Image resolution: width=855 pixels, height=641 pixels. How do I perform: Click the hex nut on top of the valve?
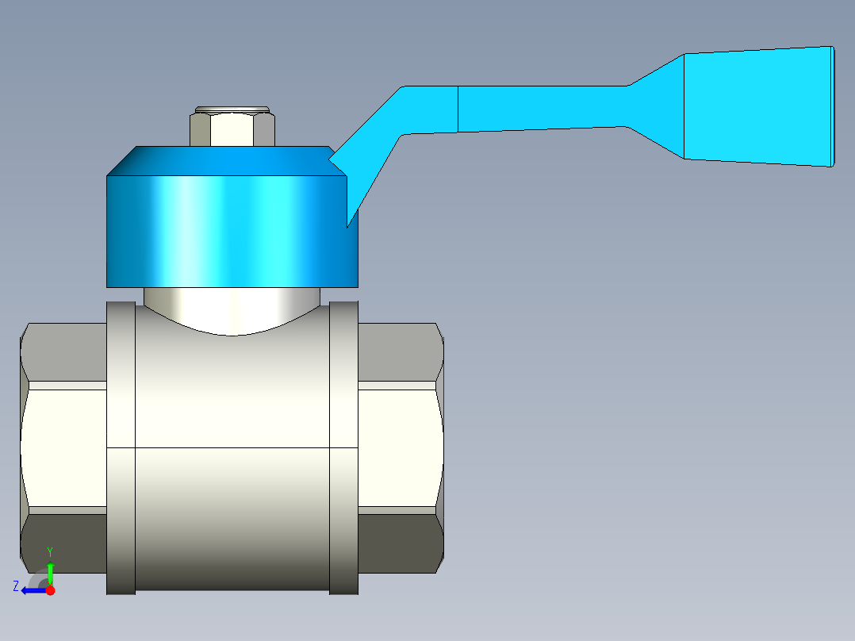[232, 129]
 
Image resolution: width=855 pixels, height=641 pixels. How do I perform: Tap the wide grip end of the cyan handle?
[758, 106]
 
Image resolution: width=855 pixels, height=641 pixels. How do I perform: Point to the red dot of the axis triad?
[50, 590]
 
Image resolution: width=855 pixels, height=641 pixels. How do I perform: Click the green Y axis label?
[50, 551]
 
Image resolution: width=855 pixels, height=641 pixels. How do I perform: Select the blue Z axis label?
[16, 586]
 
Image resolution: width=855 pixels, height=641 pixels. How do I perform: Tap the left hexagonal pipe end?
[63, 448]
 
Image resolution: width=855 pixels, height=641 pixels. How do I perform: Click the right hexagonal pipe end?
[401, 448]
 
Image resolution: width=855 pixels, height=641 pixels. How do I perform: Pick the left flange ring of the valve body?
[121, 448]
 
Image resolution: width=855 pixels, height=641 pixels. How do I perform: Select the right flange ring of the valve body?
[343, 448]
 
